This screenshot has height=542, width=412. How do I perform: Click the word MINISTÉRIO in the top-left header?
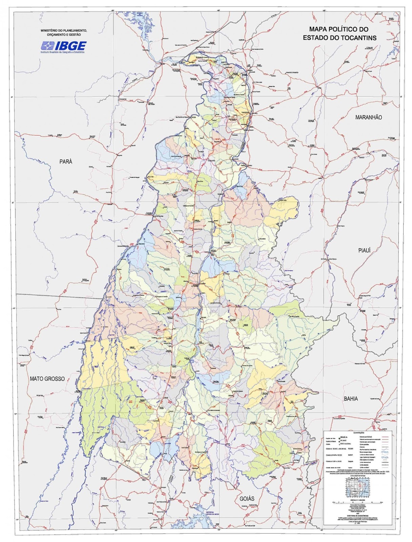(49, 30)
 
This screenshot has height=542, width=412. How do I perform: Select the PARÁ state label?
(66, 162)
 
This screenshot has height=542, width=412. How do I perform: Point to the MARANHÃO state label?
(368, 117)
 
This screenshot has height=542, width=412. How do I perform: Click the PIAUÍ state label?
(365, 250)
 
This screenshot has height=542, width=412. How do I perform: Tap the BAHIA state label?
(351, 399)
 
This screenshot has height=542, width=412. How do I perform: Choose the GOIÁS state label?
(247, 499)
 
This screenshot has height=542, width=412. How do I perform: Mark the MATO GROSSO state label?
(47, 379)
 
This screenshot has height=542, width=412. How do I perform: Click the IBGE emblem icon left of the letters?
(47, 45)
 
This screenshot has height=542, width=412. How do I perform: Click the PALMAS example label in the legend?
(343, 440)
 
